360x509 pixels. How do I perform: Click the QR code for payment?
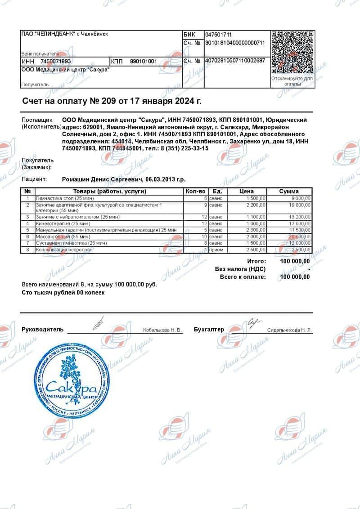(292, 52)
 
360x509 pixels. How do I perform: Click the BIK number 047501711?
(219, 35)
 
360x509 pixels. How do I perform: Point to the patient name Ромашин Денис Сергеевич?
(102, 179)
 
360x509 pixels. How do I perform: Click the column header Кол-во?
(196, 191)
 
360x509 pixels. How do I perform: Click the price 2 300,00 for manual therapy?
(256, 230)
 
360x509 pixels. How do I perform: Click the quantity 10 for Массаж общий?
(203, 237)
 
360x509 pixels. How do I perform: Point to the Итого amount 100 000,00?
(295, 261)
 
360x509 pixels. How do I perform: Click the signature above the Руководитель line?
(98, 323)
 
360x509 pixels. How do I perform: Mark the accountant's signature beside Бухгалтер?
(254, 322)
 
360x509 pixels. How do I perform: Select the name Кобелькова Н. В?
(162, 330)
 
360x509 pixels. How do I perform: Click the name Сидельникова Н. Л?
(289, 330)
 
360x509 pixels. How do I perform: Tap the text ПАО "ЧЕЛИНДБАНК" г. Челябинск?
(65, 34)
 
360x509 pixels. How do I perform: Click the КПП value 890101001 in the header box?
(143, 61)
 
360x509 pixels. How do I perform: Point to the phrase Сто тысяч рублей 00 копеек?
(63, 292)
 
